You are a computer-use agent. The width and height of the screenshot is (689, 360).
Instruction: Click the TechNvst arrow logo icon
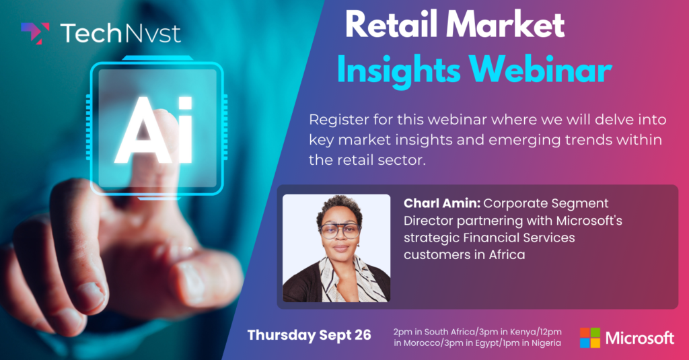point(35,33)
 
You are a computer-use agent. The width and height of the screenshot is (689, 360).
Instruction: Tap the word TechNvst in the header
point(120,34)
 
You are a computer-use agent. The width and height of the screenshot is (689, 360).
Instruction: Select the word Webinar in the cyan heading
point(540,69)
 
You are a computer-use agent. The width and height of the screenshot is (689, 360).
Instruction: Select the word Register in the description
point(338,120)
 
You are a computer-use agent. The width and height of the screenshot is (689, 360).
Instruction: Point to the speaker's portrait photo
point(336,248)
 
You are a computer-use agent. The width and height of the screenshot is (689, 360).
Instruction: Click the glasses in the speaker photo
point(340,231)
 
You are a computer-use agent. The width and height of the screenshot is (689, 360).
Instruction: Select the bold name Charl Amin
point(441,203)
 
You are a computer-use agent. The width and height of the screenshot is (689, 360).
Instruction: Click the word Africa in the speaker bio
point(507,254)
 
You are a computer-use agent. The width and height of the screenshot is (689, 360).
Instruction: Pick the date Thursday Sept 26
point(310,335)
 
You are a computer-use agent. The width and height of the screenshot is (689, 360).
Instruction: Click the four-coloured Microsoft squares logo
point(589,338)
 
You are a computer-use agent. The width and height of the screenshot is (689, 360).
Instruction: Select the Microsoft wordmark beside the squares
point(640,338)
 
